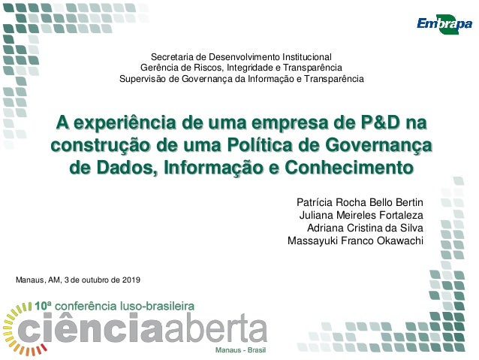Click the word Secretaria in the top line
pos(172,56)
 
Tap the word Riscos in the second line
pos(199,68)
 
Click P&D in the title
pos(380,123)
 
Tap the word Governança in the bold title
pos(380,144)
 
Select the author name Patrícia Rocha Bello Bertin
pos(360,203)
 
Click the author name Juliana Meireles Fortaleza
pos(361,216)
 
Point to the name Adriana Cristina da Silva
pos(366,228)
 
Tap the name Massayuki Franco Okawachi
pos(355,241)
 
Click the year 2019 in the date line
pos(130,280)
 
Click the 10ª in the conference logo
pos(44,306)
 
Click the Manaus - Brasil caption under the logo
pos(240,351)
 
